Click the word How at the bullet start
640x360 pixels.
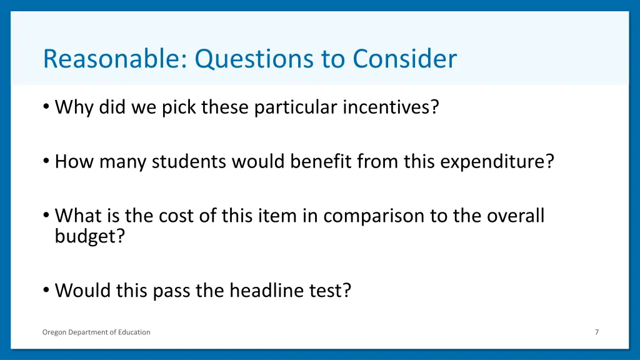pyautogui.click(x=72, y=162)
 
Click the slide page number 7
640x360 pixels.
pyautogui.click(x=596, y=332)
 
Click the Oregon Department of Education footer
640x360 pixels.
pyautogui.click(x=96, y=332)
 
